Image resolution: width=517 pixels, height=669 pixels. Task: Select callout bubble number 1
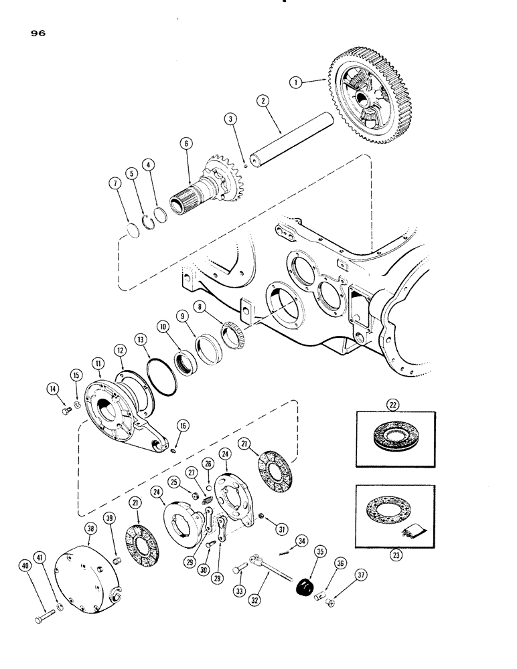pyautogui.click(x=294, y=82)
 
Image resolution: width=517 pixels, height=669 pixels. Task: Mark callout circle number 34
pyautogui.click(x=303, y=540)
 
